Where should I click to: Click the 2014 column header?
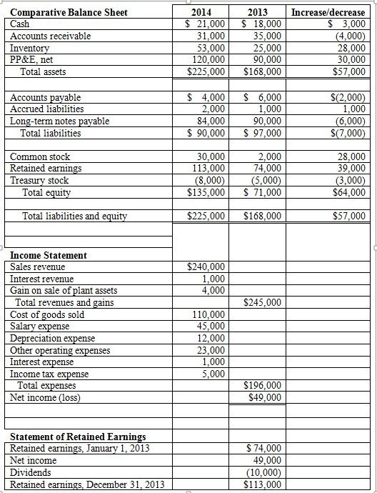[206, 12]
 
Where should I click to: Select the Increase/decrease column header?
[328, 12]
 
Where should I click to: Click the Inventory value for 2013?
[264, 48]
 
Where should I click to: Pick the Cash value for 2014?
[206, 24]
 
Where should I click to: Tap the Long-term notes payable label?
[60, 121]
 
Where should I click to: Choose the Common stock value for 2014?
[211, 156]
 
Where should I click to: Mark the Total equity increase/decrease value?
[348, 192]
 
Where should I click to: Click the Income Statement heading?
[49, 255]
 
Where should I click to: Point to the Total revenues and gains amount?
[263, 302]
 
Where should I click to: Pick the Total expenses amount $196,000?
[263, 386]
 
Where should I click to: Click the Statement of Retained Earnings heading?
[78, 436]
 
